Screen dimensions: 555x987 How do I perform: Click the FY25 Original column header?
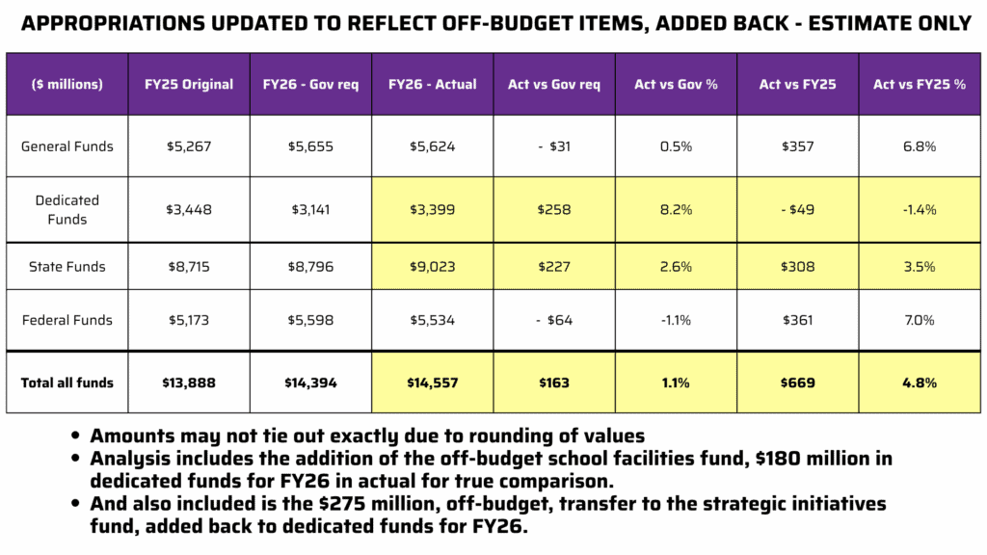pyautogui.click(x=188, y=84)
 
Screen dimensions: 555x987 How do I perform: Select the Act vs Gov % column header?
pyautogui.click(x=675, y=84)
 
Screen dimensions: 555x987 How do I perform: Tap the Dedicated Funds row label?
pyautogui.click(x=67, y=209)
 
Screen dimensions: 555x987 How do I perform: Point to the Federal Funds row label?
pyautogui.click(x=67, y=320)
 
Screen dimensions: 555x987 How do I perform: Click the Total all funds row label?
pyautogui.click(x=67, y=383)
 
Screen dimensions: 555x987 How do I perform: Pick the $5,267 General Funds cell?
pyautogui.click(x=188, y=146)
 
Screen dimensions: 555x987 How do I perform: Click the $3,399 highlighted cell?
pyautogui.click(x=432, y=209)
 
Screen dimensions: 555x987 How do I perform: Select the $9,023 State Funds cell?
pyautogui.click(x=432, y=267)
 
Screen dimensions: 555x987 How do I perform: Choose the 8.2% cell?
pyautogui.click(x=675, y=209)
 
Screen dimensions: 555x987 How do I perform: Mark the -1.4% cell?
pyautogui.click(x=919, y=209)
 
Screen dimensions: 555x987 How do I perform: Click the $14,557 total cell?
pyautogui.click(x=432, y=383)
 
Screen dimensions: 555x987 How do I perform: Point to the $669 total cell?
pyautogui.click(x=797, y=383)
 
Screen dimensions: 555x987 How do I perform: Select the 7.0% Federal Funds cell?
pyautogui.click(x=919, y=320)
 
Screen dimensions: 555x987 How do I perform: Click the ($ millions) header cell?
pyautogui.click(x=67, y=84)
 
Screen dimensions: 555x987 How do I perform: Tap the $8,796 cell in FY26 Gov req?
pyautogui.click(x=309, y=267)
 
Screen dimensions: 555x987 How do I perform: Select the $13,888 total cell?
pyautogui.click(x=188, y=383)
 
